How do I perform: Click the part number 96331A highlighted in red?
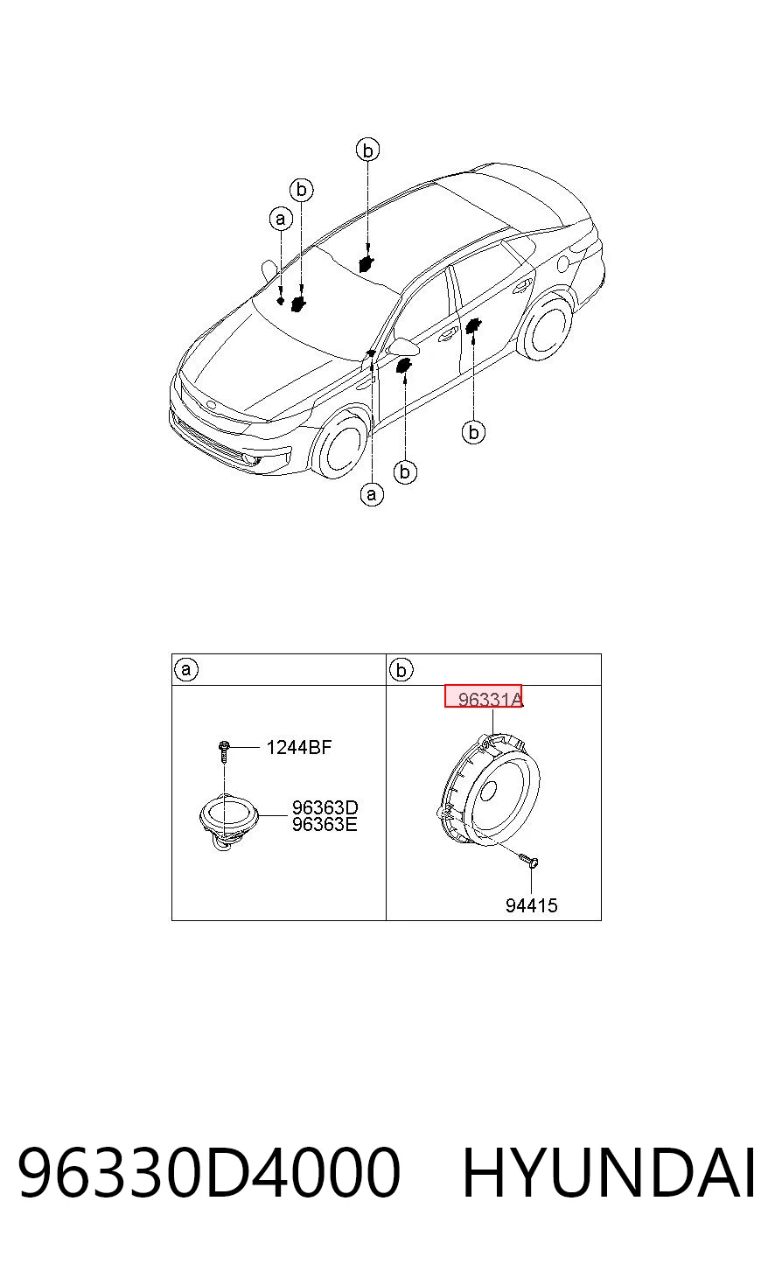point(490,700)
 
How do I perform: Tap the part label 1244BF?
point(299,747)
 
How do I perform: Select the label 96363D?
point(325,807)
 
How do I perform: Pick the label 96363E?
point(325,824)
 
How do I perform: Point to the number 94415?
point(532,905)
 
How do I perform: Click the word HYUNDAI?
point(610,1173)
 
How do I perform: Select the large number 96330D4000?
point(209,1173)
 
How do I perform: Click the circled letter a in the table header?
point(186,669)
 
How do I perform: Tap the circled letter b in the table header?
point(401,670)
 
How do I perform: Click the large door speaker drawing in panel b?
point(489,789)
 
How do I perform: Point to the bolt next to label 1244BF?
point(223,751)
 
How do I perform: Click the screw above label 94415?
point(529,861)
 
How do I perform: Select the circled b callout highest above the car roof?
point(367,150)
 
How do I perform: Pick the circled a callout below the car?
point(372,494)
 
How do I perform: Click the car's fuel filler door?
point(563,263)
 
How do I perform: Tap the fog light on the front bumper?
point(264,461)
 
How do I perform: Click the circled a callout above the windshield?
point(281,219)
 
